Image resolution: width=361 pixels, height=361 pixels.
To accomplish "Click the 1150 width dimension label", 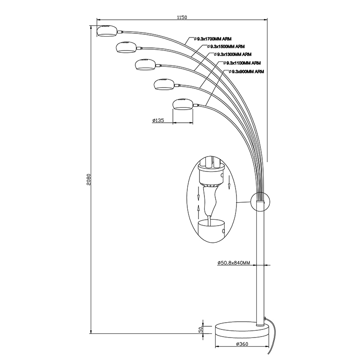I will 182,18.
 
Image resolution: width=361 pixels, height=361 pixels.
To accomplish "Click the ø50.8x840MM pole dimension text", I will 233,263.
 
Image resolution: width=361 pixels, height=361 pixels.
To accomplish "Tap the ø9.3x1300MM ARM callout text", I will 235,54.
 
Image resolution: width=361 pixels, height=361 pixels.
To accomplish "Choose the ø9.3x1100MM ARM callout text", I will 244,63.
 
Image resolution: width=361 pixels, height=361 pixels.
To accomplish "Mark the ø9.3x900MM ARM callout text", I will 247,72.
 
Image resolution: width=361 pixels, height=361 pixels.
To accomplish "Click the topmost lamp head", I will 108,31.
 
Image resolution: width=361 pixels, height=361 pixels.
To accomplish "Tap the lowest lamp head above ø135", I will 183,104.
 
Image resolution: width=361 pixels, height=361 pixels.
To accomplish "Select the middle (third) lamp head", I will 145,65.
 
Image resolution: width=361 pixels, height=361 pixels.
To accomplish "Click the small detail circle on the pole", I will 259,201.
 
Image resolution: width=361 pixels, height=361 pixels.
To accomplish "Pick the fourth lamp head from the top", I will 164,84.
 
